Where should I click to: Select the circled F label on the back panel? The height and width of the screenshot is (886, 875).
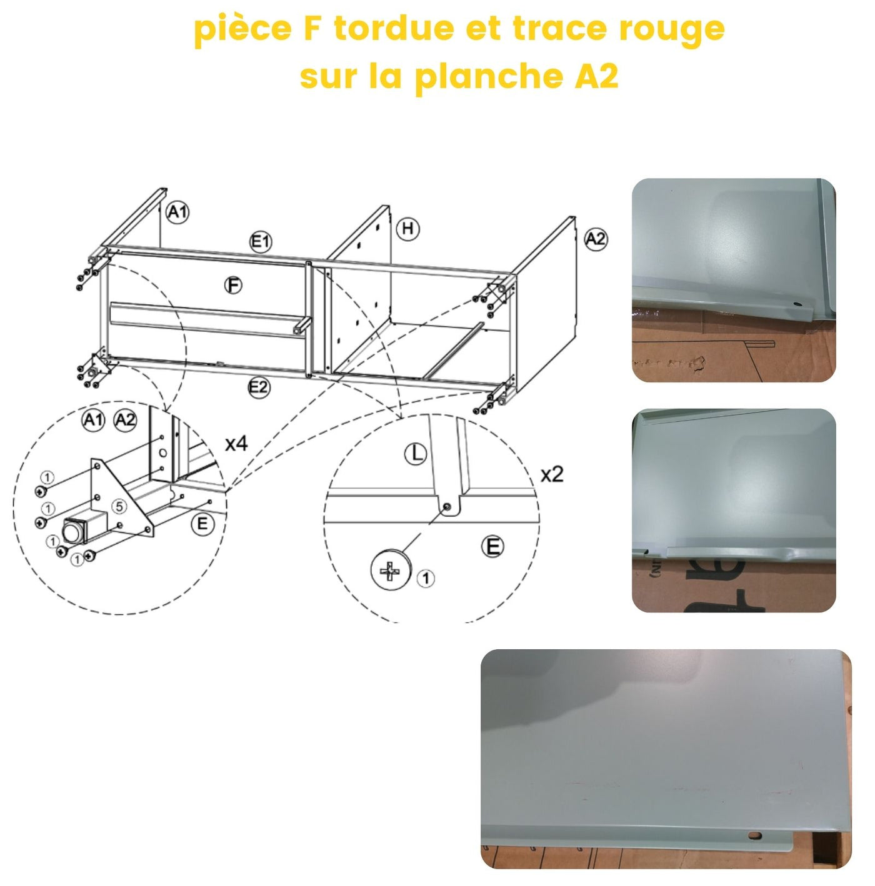point(233,286)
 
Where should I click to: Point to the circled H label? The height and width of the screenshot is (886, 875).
point(408,229)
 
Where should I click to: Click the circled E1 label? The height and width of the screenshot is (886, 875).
point(261,241)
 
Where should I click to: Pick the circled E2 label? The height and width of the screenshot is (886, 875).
point(259,387)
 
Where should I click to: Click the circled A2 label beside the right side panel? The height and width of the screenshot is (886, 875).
point(595,239)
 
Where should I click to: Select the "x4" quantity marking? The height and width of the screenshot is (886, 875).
point(236,444)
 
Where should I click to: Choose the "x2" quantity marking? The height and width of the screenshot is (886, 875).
point(551,475)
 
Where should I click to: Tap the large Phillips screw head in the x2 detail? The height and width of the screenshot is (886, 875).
point(391,570)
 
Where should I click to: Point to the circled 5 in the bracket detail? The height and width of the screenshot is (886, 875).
point(119,506)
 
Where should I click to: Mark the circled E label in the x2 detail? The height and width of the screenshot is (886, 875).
point(492,547)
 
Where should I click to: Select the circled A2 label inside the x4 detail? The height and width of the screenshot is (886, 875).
point(125,420)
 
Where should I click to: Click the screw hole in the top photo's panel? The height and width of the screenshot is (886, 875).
point(797,304)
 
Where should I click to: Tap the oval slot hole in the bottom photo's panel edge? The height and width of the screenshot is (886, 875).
point(756,835)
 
